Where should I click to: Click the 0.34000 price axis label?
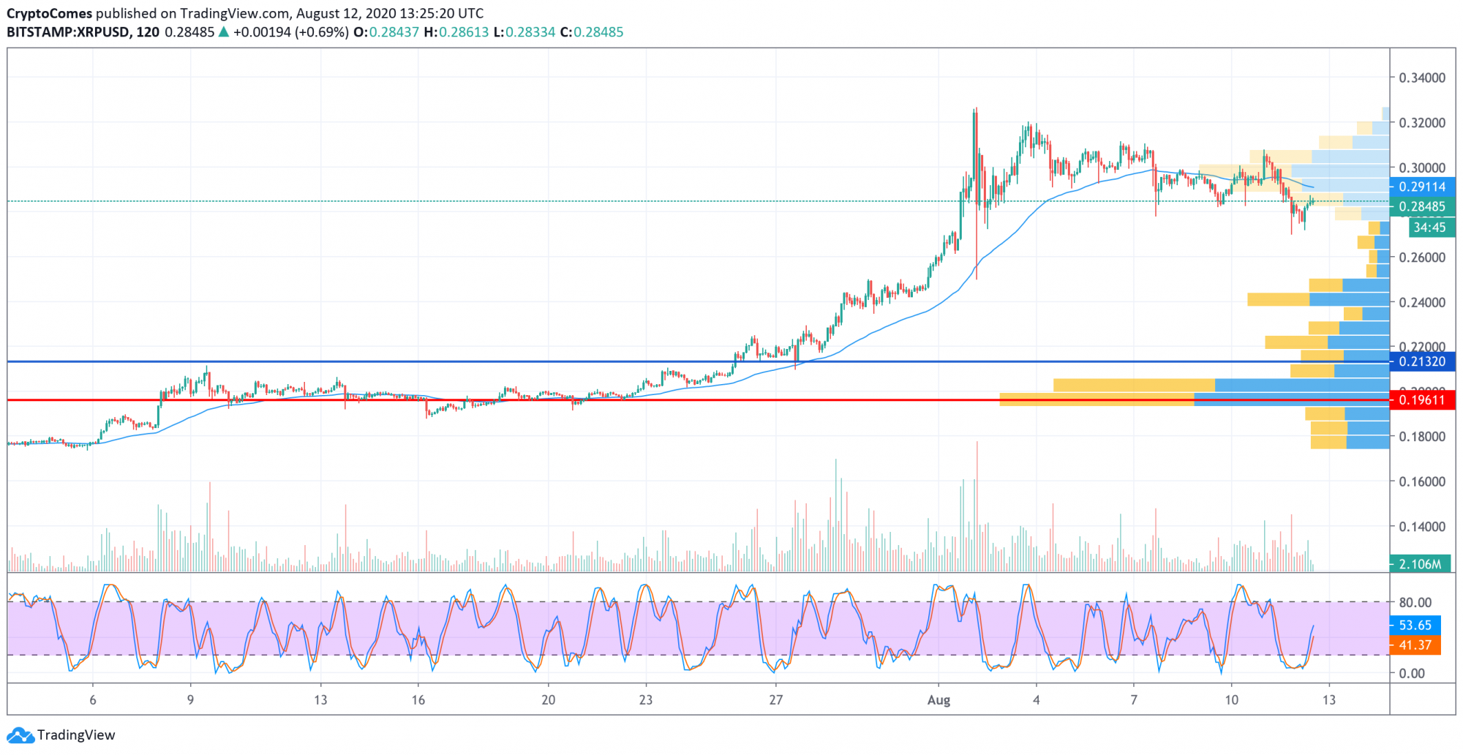click(x=1421, y=78)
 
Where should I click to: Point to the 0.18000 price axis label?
click(x=1421, y=437)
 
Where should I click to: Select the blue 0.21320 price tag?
click(x=1421, y=361)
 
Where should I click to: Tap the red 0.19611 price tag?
click(x=1421, y=400)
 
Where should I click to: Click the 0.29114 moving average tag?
click(x=1421, y=187)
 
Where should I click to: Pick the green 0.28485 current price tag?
click(x=1421, y=206)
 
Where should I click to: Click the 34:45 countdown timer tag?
click(x=1429, y=228)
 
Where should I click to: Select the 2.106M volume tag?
click(x=1419, y=564)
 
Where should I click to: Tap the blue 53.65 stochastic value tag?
click(x=1415, y=626)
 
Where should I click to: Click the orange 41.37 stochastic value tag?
click(x=1415, y=645)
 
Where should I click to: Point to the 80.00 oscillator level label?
click(x=1415, y=603)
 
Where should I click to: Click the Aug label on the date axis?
click(x=939, y=700)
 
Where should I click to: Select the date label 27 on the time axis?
click(x=775, y=700)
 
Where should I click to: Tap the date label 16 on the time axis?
click(x=418, y=700)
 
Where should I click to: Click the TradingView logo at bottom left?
click(x=61, y=735)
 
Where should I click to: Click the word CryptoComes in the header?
click(x=50, y=13)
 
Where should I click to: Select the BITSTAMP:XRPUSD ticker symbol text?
click(x=69, y=32)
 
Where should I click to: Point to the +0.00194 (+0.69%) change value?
click(x=290, y=32)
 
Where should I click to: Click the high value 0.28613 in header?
click(x=464, y=32)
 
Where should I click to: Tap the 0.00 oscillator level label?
click(x=1411, y=674)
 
